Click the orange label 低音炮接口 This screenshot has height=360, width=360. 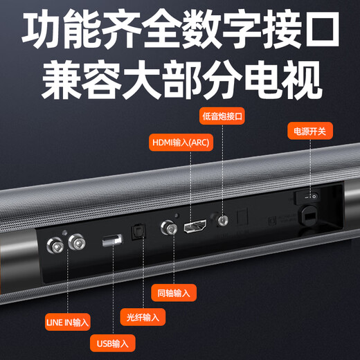point(222,116)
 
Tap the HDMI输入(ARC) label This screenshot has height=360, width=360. point(181,143)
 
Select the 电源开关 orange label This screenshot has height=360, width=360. point(310,131)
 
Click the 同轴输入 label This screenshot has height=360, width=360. point(174,293)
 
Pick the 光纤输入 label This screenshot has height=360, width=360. point(143,317)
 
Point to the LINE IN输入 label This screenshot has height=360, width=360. point(67,322)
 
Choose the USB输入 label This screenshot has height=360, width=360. point(113,343)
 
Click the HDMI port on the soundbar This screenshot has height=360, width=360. point(195,226)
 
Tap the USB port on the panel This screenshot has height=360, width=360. point(112,240)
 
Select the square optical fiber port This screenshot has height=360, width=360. point(138,231)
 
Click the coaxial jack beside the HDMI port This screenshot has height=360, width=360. point(169,228)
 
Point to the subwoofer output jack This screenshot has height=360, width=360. point(223,220)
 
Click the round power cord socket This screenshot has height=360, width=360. point(309,216)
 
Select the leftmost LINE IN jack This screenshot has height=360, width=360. point(55,246)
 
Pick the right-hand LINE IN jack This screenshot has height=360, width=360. point(77,242)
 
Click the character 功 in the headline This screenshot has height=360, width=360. point(42,29)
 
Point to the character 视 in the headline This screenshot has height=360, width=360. point(302,79)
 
